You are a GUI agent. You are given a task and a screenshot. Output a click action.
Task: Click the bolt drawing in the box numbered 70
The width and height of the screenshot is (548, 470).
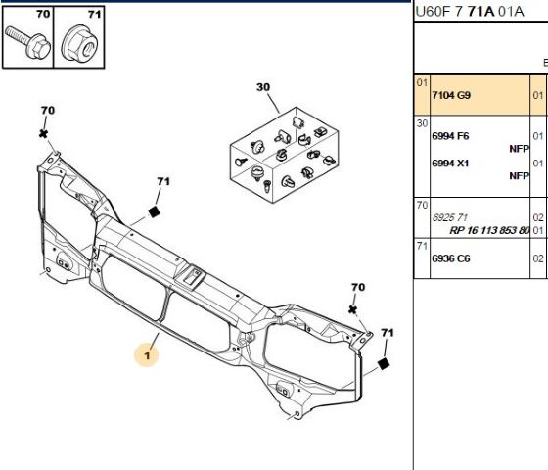point(27,43)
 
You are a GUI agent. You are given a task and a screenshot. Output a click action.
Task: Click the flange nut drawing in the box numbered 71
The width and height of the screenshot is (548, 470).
point(79,44)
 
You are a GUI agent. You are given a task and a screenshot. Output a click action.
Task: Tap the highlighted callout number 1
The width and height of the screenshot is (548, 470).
point(147,355)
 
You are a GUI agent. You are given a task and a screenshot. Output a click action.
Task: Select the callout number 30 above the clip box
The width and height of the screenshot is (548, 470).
point(263,87)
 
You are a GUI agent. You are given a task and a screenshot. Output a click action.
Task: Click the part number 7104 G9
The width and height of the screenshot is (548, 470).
point(451,95)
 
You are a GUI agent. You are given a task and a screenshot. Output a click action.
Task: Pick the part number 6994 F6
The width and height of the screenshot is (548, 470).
point(450,136)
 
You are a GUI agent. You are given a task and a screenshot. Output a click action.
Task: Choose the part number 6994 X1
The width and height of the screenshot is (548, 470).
point(450,164)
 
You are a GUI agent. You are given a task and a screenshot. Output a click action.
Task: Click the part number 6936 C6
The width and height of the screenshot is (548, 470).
point(451,258)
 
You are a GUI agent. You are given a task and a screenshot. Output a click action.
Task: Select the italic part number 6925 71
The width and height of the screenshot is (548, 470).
point(449,217)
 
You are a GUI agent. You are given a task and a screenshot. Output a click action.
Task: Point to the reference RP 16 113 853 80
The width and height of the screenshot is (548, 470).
point(489,230)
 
